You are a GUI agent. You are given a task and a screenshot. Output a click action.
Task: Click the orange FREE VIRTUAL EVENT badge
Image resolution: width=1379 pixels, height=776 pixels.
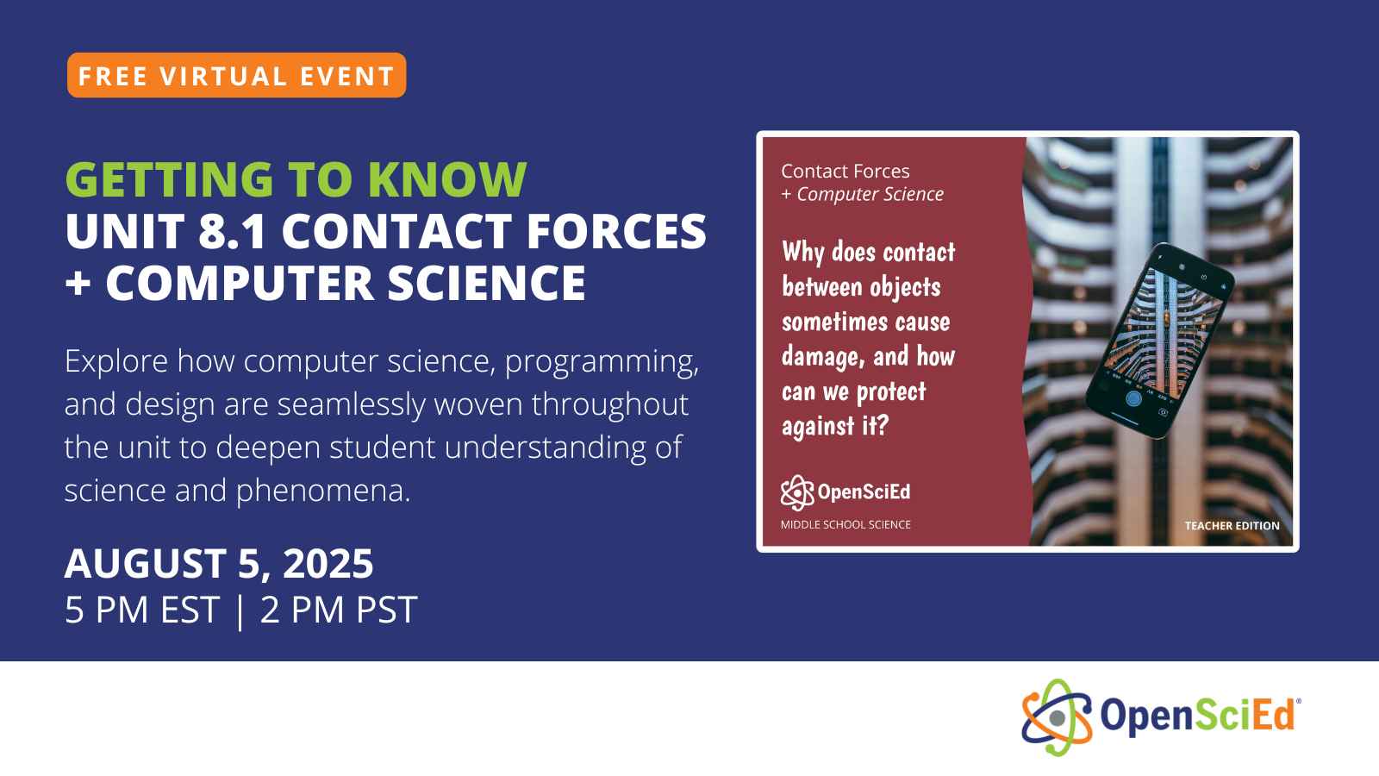click(236, 76)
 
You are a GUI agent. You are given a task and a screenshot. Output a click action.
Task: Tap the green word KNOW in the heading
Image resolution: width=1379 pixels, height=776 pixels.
click(446, 179)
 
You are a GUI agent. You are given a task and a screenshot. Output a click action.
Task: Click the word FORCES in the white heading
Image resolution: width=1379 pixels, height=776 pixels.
click(616, 232)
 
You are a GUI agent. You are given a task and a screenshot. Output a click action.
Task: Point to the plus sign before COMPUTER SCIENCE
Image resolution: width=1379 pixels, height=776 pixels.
click(78, 284)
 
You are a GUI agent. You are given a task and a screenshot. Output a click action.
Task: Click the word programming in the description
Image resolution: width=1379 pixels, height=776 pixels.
click(601, 362)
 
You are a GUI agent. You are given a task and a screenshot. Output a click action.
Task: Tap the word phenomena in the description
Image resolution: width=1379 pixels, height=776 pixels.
click(323, 491)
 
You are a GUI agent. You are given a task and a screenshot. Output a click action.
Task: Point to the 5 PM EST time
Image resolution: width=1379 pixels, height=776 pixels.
click(142, 610)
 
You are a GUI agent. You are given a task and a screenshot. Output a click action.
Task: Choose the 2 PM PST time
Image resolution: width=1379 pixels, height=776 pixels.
click(339, 610)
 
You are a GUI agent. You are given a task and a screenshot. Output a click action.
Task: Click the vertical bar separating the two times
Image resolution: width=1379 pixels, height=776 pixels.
click(240, 611)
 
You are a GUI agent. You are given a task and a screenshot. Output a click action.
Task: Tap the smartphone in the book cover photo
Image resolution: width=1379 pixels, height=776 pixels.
click(1159, 339)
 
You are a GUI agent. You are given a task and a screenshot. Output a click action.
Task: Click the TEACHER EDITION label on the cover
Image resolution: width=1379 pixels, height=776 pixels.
click(1232, 526)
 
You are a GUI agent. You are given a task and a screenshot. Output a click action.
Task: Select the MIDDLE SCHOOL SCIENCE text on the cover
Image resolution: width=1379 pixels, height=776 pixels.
click(845, 524)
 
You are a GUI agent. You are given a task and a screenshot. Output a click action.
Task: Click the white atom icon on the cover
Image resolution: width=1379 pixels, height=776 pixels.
click(797, 492)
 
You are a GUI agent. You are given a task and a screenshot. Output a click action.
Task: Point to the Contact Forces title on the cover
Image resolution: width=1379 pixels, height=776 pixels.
click(845, 172)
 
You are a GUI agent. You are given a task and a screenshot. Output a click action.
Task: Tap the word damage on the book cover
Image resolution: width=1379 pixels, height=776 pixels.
click(821, 357)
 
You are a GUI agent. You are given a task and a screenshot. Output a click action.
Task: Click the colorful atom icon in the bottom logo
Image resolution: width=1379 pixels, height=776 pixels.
click(1057, 717)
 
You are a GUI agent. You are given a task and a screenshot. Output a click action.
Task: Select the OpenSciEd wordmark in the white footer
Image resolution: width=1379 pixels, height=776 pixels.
click(1199, 716)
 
